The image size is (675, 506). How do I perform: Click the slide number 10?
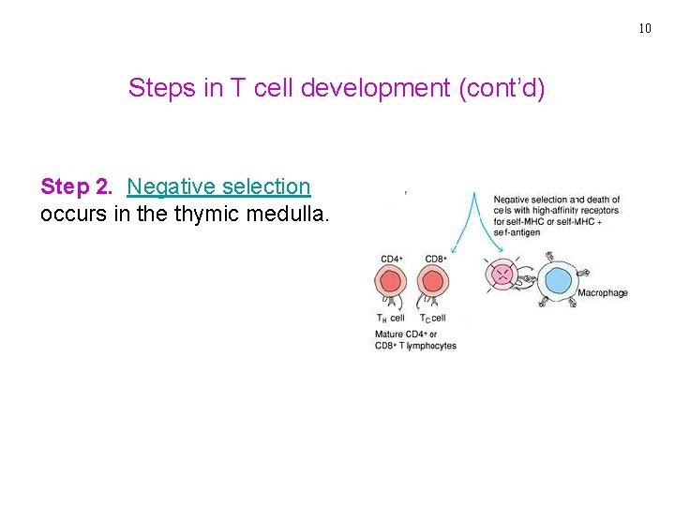point(644,28)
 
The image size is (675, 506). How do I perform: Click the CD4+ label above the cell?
point(392,259)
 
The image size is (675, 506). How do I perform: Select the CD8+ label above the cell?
point(435,259)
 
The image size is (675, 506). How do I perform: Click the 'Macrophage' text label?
point(603,293)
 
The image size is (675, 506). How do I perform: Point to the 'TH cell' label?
point(390,318)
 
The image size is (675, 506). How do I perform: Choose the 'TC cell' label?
point(432,318)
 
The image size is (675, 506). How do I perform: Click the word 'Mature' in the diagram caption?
point(390,335)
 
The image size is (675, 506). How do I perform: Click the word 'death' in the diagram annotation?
point(597,199)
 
